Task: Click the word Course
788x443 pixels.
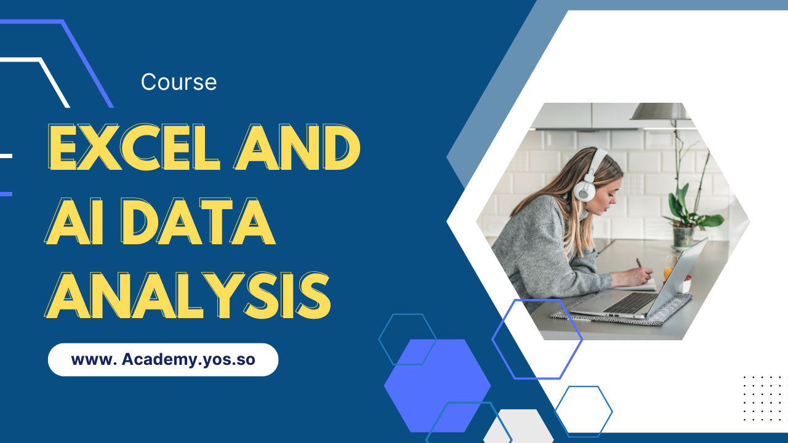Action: pos(179,82)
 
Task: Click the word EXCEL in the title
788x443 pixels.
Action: pos(133,147)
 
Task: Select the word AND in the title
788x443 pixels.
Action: pos(297,147)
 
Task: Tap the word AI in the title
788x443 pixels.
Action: pos(74,221)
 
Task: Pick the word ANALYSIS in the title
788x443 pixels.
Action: pos(188,295)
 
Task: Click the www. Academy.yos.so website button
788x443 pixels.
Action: pos(163,360)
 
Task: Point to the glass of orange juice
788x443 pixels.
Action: pos(669,267)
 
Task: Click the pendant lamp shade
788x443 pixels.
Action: pos(660,112)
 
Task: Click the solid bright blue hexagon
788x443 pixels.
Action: pos(437,386)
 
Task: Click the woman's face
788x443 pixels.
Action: pos(609,197)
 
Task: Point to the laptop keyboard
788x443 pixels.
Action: pos(630,301)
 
